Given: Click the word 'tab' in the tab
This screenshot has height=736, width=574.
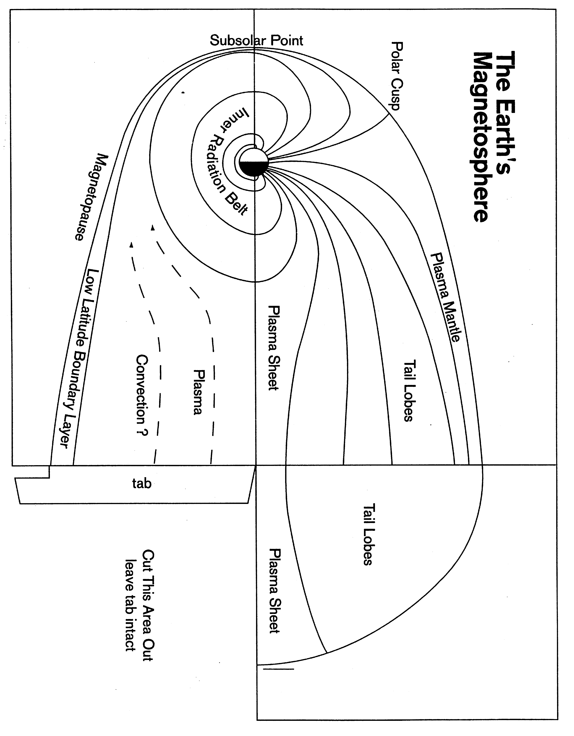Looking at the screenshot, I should pos(142,484).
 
